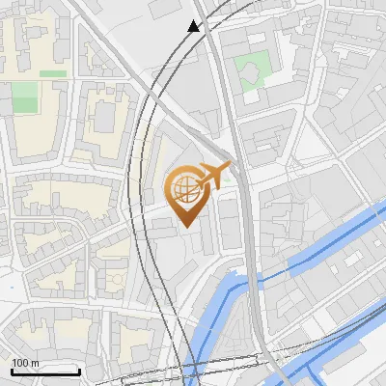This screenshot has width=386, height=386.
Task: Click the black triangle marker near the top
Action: [x=194, y=26]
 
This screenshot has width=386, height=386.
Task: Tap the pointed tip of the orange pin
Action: [x=183, y=227]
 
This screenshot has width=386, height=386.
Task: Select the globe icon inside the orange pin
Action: [x=183, y=189]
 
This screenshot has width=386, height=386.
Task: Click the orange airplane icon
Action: [x=213, y=176]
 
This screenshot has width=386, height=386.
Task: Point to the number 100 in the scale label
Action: [x=20, y=362]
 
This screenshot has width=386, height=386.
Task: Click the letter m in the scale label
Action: [x=36, y=362]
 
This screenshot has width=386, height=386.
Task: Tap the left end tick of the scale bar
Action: [x=12, y=371]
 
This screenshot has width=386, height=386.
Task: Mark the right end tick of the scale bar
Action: [x=79, y=371]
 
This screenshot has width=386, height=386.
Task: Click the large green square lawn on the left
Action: [x=25, y=96]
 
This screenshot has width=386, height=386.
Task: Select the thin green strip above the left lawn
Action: [x=53, y=73]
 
